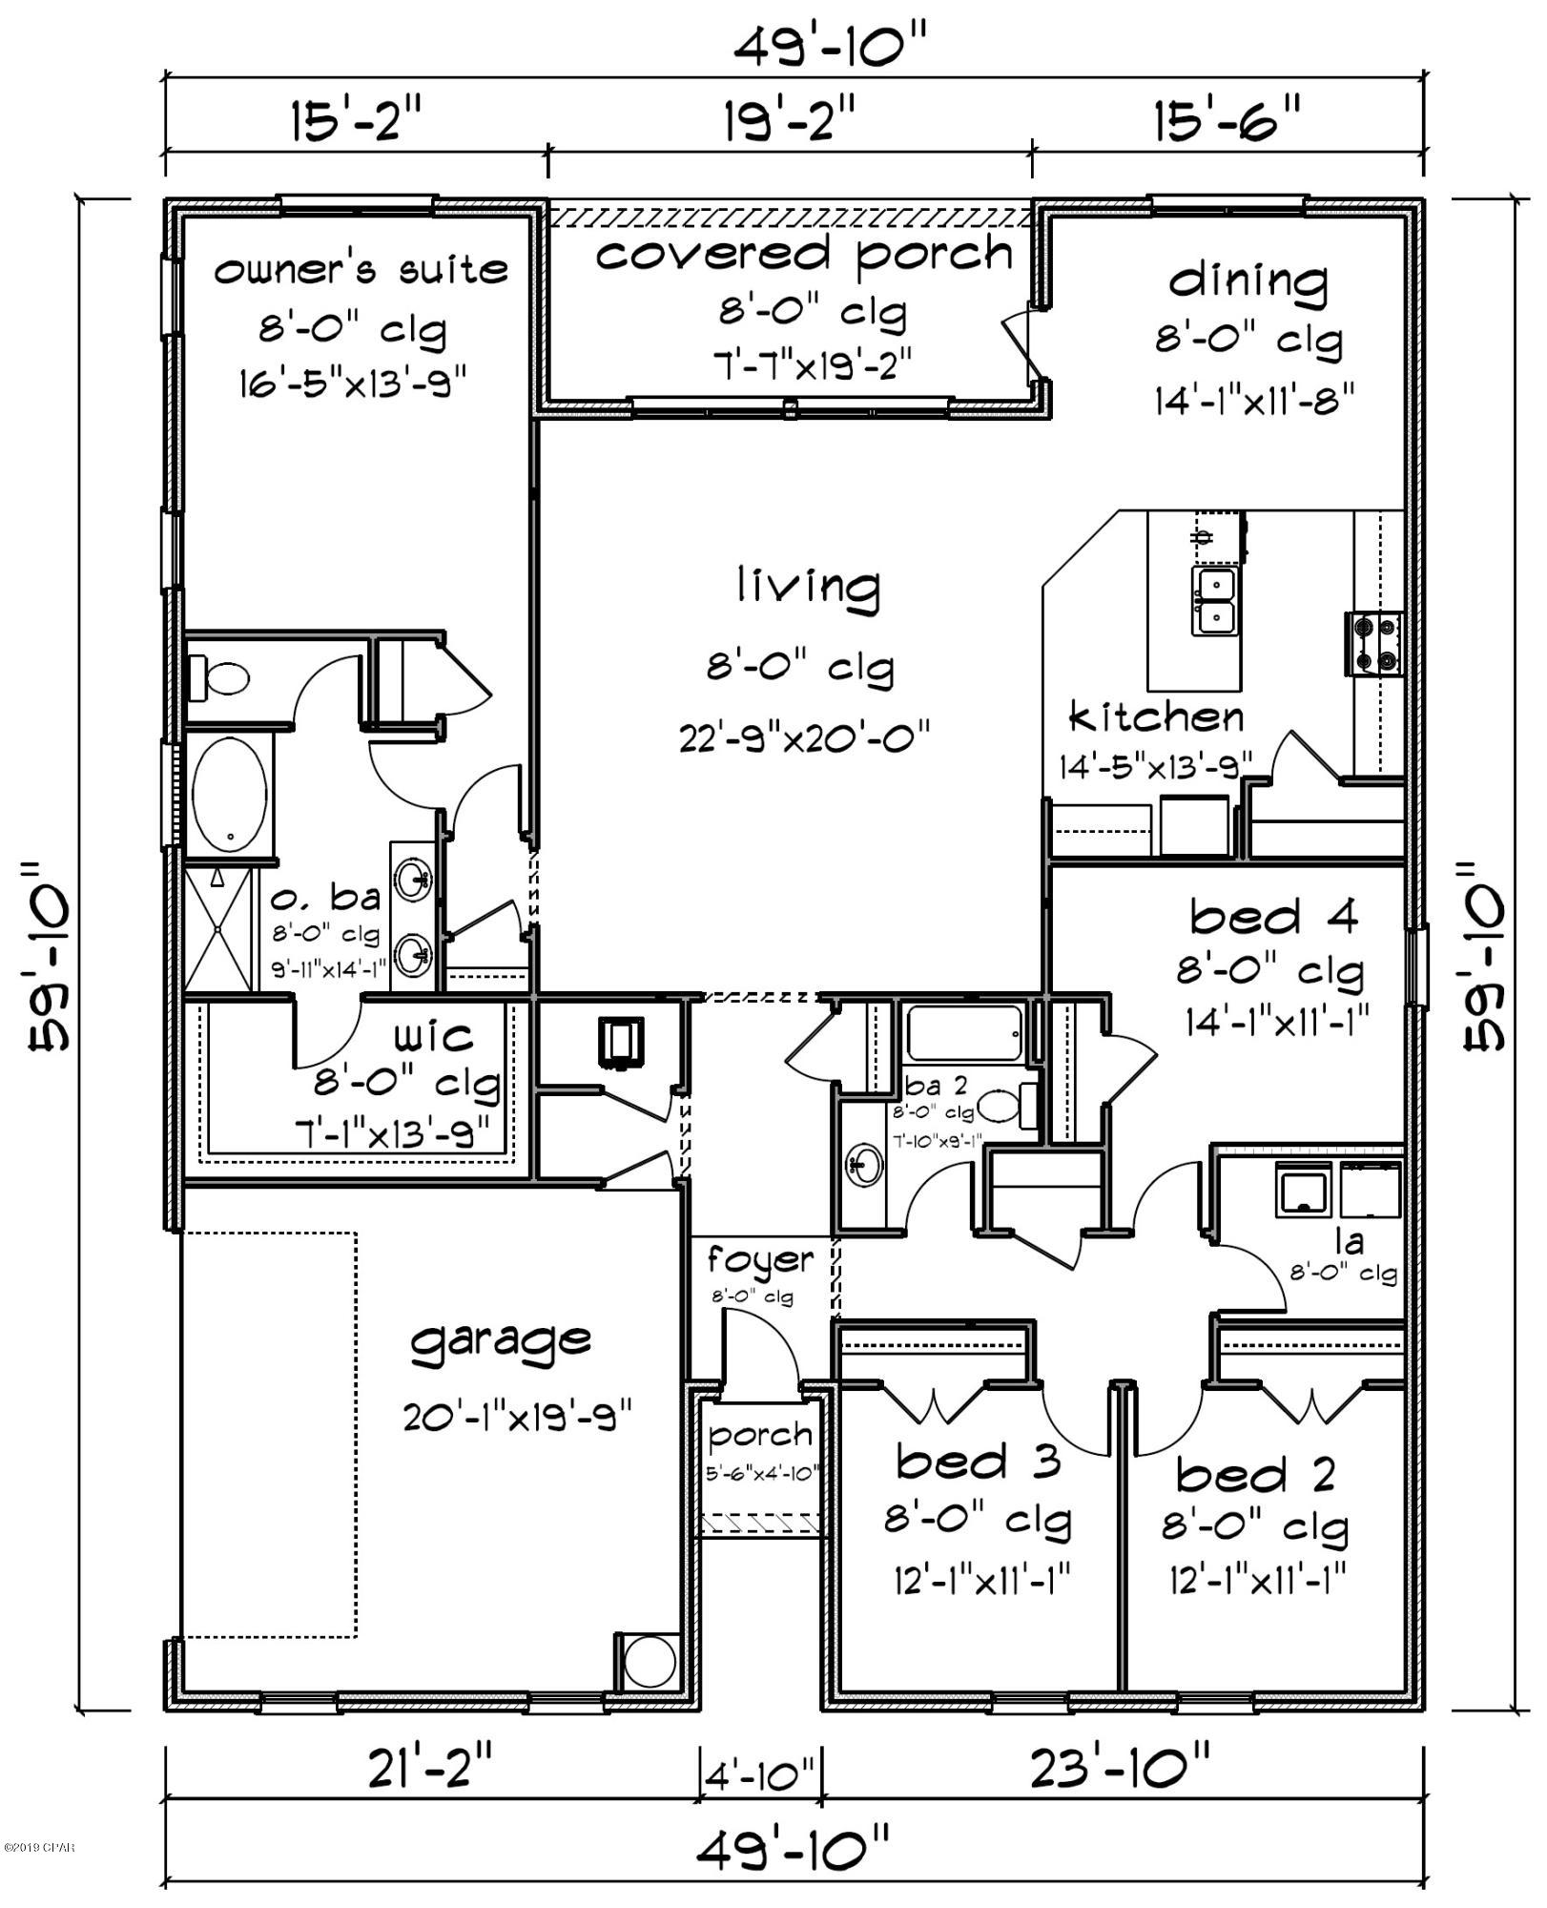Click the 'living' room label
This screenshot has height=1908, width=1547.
coord(807,585)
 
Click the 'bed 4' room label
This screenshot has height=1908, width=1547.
coord(1273,917)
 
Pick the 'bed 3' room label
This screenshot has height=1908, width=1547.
coord(979,1462)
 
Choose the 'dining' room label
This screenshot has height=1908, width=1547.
coord(1248,281)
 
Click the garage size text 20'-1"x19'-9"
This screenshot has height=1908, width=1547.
coord(518,1417)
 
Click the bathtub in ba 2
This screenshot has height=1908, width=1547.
coord(963,1032)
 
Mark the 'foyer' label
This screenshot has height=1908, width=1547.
coord(760,1260)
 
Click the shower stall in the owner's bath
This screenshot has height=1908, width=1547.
coord(219,928)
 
